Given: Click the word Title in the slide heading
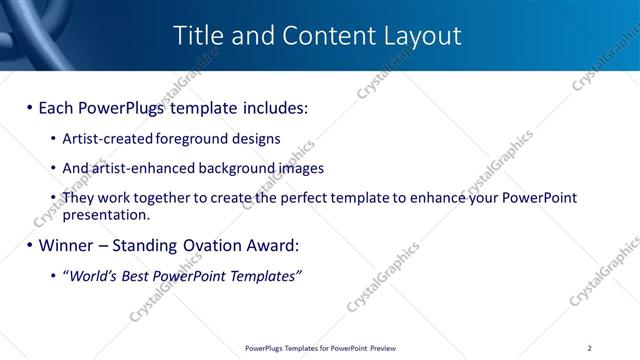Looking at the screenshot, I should (x=197, y=36).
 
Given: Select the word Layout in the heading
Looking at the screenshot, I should (x=423, y=36).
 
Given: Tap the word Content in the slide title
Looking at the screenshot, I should (x=321, y=36).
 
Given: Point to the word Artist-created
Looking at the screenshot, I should (x=103, y=139).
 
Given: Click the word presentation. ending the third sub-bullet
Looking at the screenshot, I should (x=106, y=214).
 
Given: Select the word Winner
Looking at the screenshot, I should (x=67, y=245).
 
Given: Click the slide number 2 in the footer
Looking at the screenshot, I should (x=603, y=348).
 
